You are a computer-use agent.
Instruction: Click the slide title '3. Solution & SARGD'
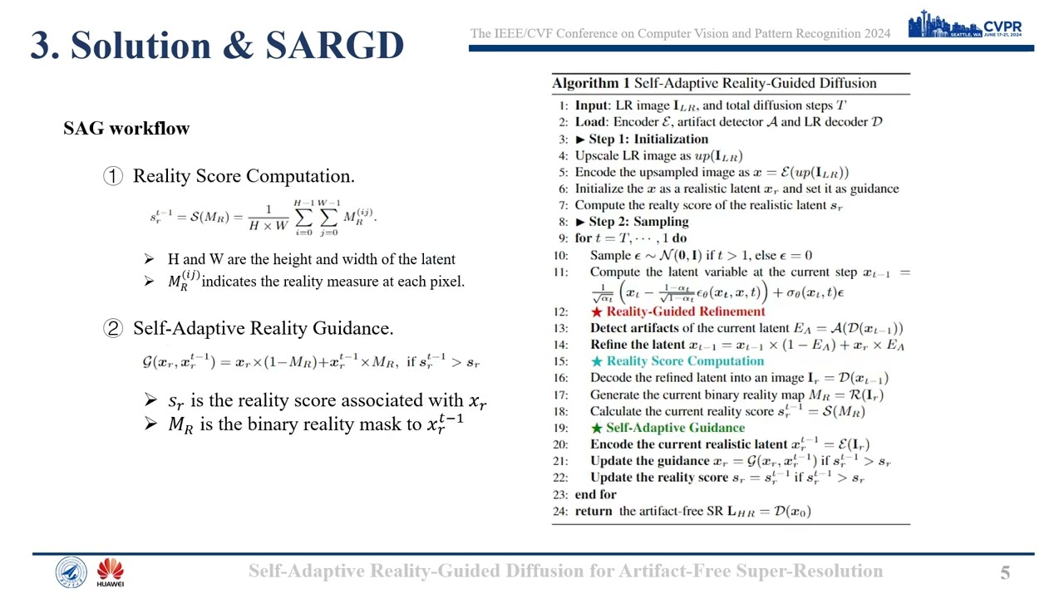pyautogui.click(x=217, y=46)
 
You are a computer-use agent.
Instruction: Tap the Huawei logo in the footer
pyautogui.click(x=110, y=572)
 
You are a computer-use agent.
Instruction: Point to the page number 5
pyautogui.click(x=1005, y=572)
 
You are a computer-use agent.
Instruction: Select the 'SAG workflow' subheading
pyautogui.click(x=126, y=128)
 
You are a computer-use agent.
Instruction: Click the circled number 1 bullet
pyautogui.click(x=113, y=176)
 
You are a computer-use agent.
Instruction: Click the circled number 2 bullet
pyautogui.click(x=113, y=328)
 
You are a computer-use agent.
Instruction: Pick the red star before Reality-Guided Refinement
pyautogui.click(x=596, y=311)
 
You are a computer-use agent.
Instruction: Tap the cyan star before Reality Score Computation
pyautogui.click(x=596, y=361)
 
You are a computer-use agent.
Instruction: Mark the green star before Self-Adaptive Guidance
pyautogui.click(x=596, y=428)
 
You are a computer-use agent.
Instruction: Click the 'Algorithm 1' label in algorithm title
pyautogui.click(x=591, y=83)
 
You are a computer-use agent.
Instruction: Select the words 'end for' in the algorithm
pyautogui.click(x=595, y=494)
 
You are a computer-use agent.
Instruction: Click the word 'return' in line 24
pyautogui.click(x=594, y=511)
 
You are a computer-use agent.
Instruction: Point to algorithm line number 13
pyautogui.click(x=561, y=328)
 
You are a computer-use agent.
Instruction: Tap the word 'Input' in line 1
pyautogui.click(x=592, y=105)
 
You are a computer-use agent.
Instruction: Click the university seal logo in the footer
pyautogui.click(x=71, y=572)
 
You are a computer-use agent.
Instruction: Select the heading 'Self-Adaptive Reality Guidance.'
pyautogui.click(x=263, y=328)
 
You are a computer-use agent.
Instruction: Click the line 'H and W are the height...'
pyautogui.click(x=311, y=259)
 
